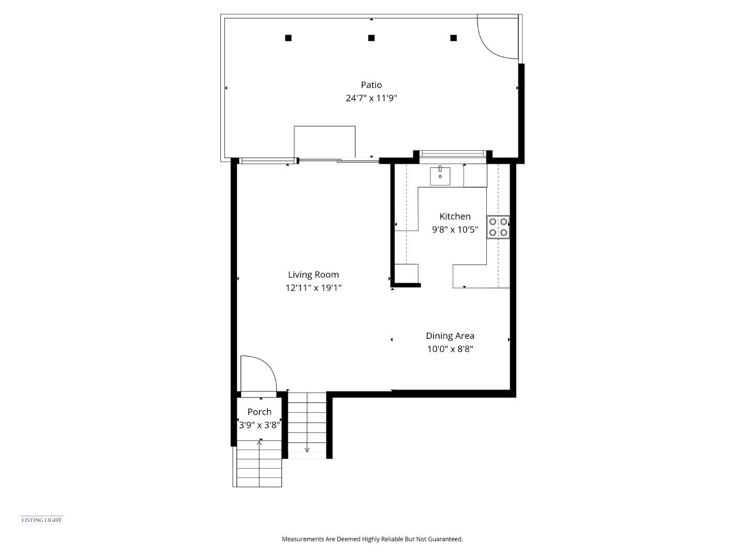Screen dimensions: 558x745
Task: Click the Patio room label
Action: click(x=371, y=85)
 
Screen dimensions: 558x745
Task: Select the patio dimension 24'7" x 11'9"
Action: click(x=371, y=98)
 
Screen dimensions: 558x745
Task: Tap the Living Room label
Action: click(x=313, y=274)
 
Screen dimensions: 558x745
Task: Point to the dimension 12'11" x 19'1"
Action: click(x=313, y=288)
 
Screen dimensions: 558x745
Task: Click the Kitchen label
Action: click(x=455, y=216)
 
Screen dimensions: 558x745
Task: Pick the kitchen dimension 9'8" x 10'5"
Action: click(x=455, y=229)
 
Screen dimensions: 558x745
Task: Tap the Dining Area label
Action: click(x=450, y=336)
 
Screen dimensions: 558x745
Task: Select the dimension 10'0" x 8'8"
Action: click(x=450, y=349)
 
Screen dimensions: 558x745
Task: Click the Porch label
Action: click(x=259, y=412)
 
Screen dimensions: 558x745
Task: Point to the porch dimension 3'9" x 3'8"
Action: click(x=259, y=425)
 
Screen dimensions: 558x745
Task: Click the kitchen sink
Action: click(x=440, y=176)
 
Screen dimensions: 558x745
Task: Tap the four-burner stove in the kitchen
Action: click(x=498, y=227)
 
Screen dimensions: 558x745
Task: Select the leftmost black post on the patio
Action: click(x=288, y=38)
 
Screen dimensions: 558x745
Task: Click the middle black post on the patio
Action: click(x=371, y=38)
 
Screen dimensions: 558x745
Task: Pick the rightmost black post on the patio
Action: click(x=453, y=38)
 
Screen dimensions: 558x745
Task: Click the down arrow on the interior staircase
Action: click(x=307, y=450)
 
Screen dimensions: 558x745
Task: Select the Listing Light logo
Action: click(x=41, y=520)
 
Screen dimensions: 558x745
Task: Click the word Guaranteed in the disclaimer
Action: click(x=445, y=539)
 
